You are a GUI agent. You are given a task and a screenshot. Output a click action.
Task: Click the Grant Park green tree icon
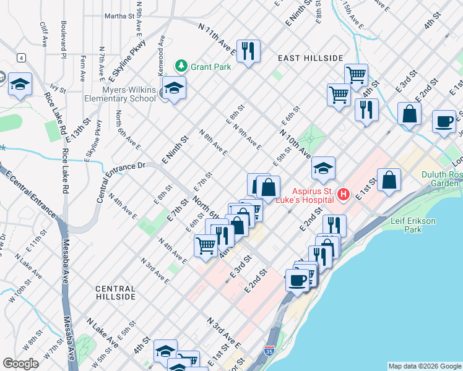[181, 64]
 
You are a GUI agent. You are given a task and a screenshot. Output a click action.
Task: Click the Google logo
[21, 363]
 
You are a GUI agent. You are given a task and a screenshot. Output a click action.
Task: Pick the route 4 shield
[22, 58]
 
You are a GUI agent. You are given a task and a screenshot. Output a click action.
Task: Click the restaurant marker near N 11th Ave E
[248, 51]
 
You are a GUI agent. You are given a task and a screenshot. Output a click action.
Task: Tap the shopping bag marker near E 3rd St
[409, 114]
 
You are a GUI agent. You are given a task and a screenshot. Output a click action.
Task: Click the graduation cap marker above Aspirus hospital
[322, 168]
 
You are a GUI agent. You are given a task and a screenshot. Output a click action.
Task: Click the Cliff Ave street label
[44, 35]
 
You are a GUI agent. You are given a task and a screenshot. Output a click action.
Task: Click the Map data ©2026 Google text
[424, 366]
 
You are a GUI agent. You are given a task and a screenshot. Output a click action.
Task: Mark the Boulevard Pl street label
[63, 41]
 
